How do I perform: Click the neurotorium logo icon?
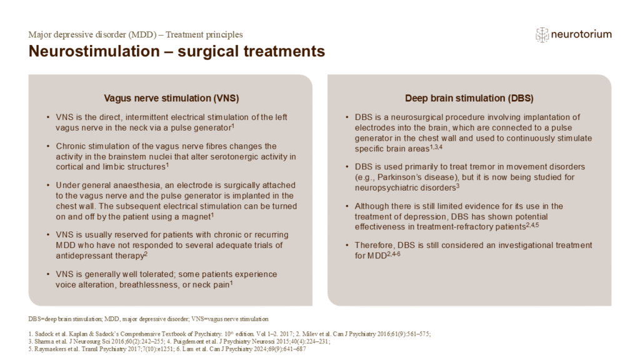point(542,34)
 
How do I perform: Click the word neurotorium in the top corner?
point(581,34)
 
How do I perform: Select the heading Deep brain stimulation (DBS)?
point(469,98)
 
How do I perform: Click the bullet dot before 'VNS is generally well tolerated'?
point(49,275)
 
